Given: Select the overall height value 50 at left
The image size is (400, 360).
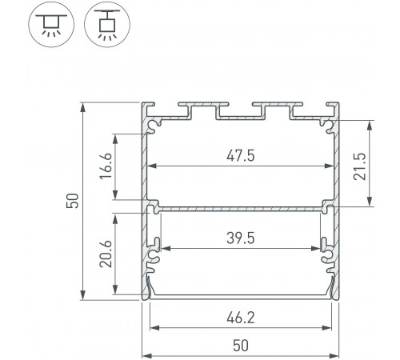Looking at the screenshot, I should click(x=73, y=201).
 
